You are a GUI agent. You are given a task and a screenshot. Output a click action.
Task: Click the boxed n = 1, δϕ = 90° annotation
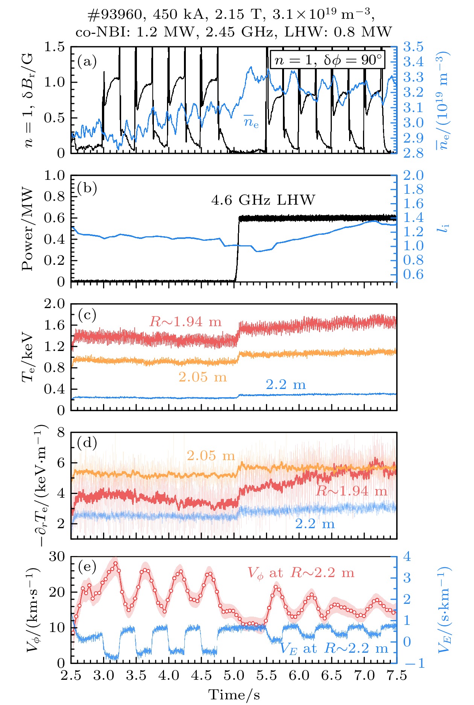328,60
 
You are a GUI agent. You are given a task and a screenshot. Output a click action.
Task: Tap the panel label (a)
87,61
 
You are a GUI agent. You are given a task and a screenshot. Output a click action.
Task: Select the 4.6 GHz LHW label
263,200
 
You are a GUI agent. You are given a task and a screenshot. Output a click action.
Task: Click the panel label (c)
87,315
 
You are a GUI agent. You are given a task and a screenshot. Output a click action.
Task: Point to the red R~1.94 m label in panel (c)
185,322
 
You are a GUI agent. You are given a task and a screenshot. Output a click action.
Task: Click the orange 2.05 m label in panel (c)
202,377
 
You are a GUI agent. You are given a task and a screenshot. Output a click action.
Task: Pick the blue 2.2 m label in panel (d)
314,524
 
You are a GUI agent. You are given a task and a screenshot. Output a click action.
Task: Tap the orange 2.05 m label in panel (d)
211,456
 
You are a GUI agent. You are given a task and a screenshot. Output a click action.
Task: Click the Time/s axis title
234,694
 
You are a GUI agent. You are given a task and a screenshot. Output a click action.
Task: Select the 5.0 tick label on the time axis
234,675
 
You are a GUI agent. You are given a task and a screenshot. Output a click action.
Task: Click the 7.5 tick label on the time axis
397,675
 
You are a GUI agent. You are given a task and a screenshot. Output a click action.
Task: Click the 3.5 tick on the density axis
413,47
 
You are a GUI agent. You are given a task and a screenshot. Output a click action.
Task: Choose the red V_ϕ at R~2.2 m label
301,573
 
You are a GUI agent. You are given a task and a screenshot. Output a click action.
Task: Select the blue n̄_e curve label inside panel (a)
251,122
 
